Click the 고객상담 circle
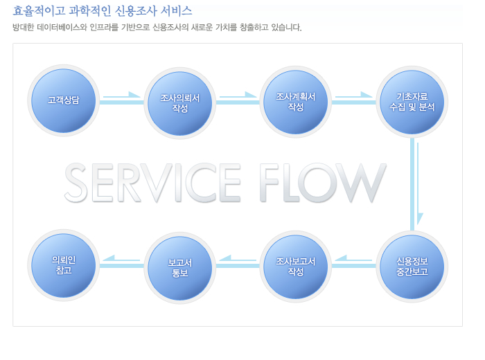pos(64,100)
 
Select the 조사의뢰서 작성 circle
pos(179,103)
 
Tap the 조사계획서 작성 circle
pos(296,102)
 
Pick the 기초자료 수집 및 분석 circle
pos(412,102)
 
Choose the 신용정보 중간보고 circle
pos(412,267)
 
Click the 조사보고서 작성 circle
pos(296,267)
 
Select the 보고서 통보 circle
pos(179,268)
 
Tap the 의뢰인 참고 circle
pos(64,265)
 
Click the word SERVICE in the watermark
pos(152,182)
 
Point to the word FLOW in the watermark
pos(323,182)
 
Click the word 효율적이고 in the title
pos(39,11)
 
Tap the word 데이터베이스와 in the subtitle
pos(62,28)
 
